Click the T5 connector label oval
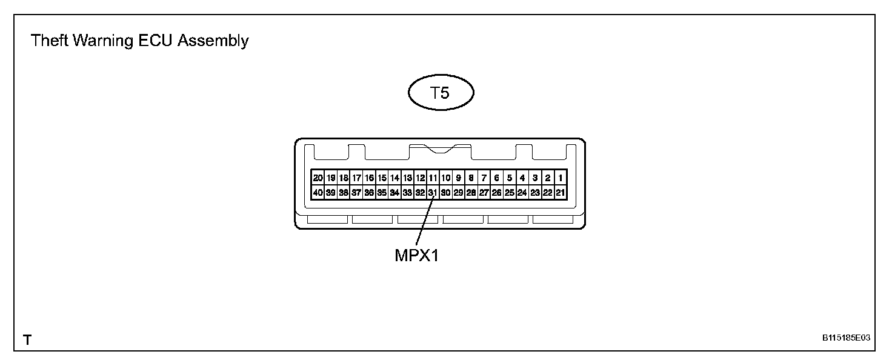[441, 94]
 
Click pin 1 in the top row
[561, 178]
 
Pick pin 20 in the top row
[318, 178]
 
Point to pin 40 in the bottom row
[318, 193]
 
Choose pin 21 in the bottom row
[561, 193]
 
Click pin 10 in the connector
[445, 178]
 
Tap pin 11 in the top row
[433, 178]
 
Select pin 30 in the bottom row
[445, 193]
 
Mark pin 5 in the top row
[510, 178]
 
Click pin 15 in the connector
[382, 178]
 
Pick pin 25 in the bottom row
[510, 193]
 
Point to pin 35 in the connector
[382, 193]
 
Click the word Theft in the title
[47, 41]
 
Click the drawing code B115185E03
[847, 338]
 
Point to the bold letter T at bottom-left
[27, 340]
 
